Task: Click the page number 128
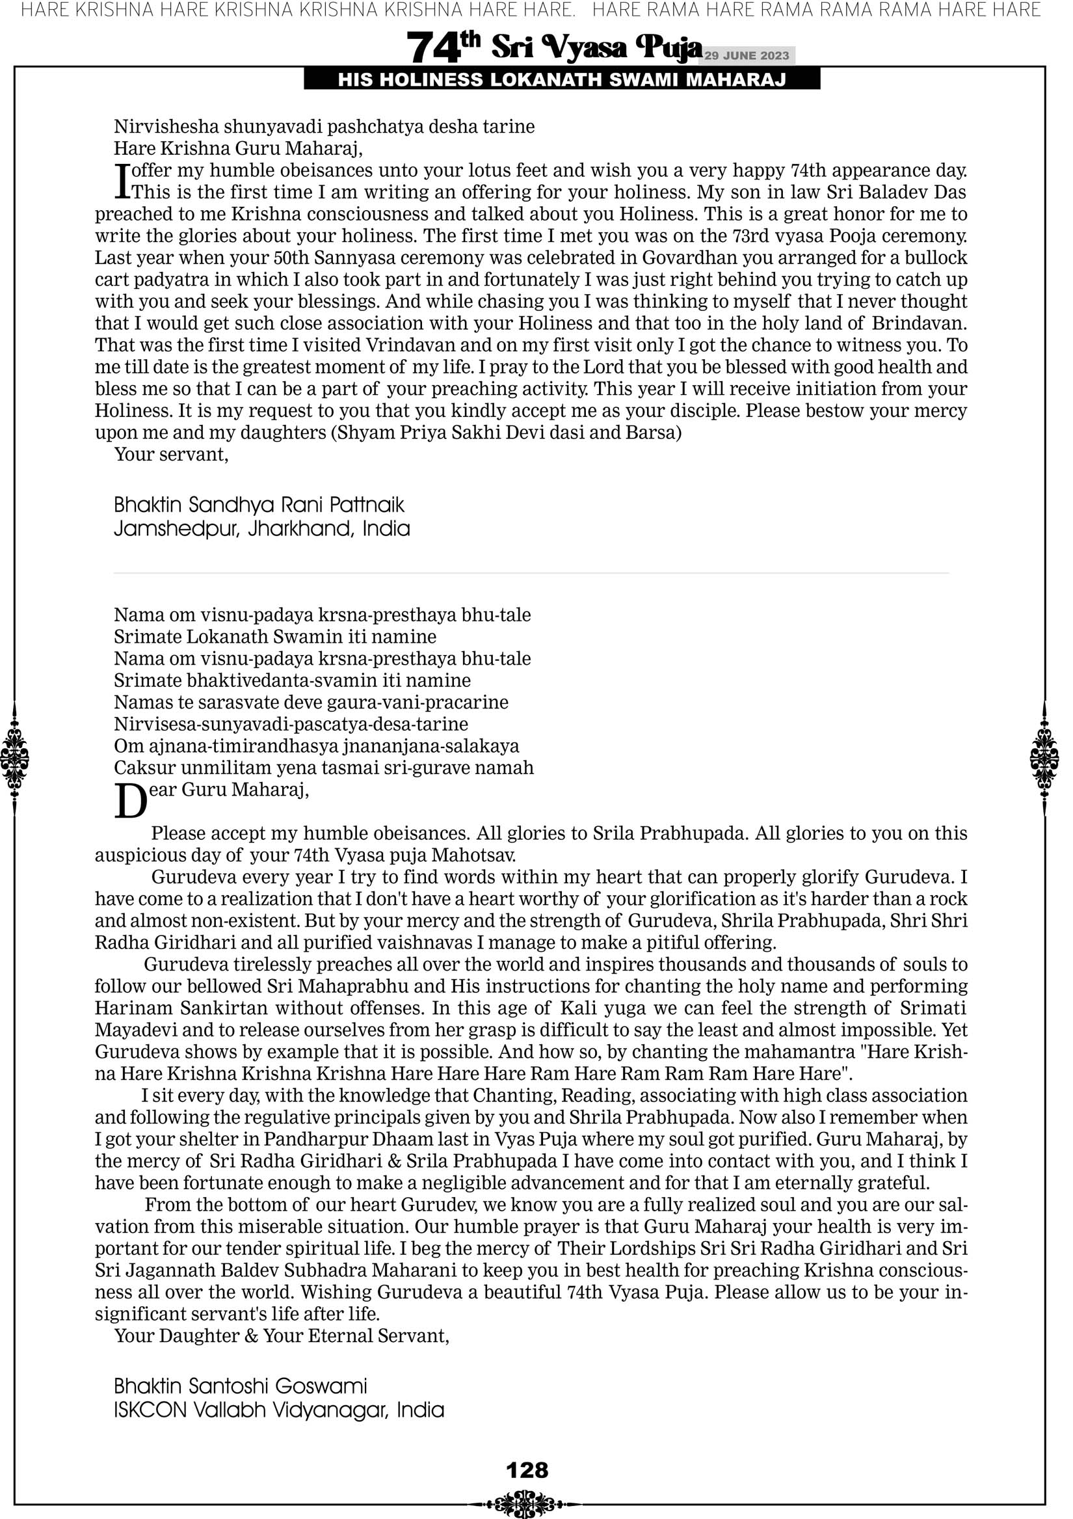pos(527,1470)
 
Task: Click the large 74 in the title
pos(432,48)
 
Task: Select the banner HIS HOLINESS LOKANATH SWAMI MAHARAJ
pos(562,80)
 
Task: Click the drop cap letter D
pos(131,801)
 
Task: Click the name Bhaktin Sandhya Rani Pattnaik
pos(259,505)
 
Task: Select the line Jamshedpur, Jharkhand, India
pos(261,530)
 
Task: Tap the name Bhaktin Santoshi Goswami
pos(240,1386)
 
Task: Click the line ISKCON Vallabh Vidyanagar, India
pos(278,1410)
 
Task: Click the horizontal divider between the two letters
pos(531,573)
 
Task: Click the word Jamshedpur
pos(176,530)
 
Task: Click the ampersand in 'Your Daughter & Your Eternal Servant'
pos(251,1336)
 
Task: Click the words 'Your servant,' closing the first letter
pos(171,455)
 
